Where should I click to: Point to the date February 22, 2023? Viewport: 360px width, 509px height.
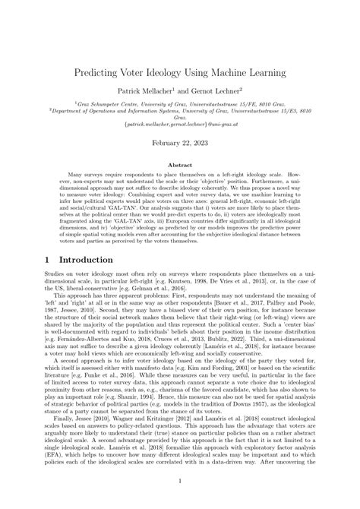180,142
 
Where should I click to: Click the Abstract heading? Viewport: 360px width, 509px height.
180,163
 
